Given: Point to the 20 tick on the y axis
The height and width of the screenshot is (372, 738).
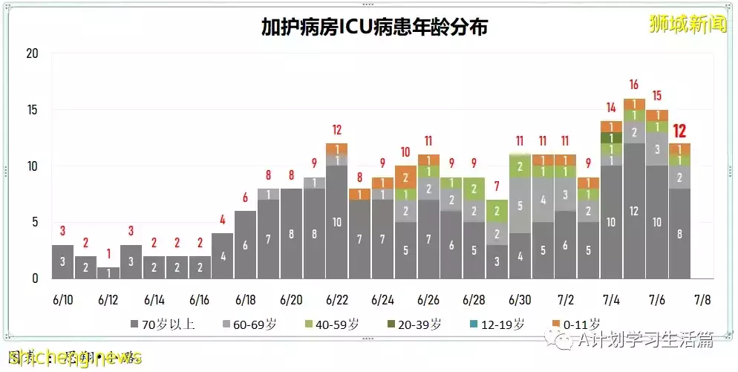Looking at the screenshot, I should [x=32, y=53].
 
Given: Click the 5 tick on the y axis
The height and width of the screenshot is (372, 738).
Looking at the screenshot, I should [x=35, y=222].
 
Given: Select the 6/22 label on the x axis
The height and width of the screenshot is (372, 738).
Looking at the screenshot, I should [x=336, y=300].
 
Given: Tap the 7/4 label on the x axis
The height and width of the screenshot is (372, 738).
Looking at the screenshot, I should [x=611, y=300].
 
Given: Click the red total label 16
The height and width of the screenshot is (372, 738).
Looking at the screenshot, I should [x=633, y=85].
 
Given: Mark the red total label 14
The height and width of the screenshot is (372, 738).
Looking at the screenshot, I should [x=611, y=107].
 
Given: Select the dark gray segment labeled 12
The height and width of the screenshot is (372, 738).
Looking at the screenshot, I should [x=633, y=211].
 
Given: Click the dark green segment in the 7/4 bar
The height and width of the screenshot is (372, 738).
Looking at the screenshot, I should [x=611, y=137].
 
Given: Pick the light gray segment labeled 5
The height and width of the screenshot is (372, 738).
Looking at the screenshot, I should [x=520, y=205].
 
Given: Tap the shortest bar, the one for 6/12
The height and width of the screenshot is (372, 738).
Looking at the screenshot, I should [x=108, y=273].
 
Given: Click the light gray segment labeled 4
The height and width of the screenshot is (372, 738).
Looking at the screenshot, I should [x=543, y=200].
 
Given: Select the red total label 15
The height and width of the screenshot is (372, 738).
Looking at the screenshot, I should [x=656, y=96].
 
